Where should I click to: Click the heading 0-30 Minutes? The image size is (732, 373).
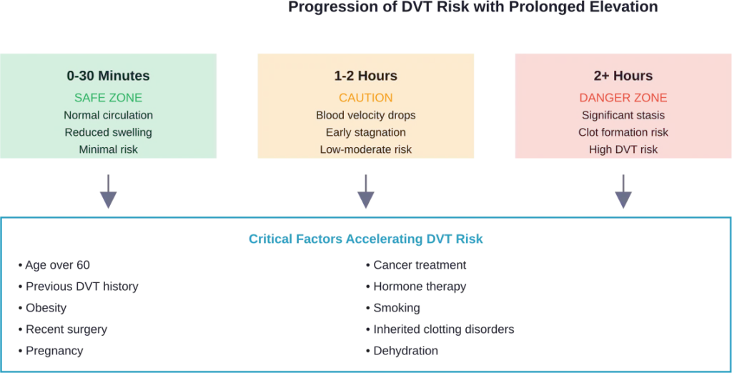click(108, 76)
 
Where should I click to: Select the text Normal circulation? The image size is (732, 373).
click(108, 115)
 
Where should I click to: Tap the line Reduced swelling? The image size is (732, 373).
click(108, 132)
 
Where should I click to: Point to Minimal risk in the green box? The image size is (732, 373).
click(108, 149)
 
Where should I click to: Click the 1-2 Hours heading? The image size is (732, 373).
click(365, 76)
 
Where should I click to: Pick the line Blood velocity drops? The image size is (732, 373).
click(365, 115)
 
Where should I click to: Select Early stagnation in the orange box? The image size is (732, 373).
click(365, 132)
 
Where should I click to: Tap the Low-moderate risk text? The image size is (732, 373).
click(365, 149)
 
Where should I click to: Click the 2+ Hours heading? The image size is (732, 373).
click(623, 76)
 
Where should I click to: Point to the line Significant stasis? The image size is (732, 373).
click(623, 115)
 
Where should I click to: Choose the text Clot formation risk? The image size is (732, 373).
click(623, 132)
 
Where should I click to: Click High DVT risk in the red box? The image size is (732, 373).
click(623, 149)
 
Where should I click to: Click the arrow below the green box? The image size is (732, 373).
click(108, 192)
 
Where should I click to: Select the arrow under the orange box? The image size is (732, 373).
click(365, 192)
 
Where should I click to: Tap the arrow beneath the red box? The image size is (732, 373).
click(623, 192)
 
